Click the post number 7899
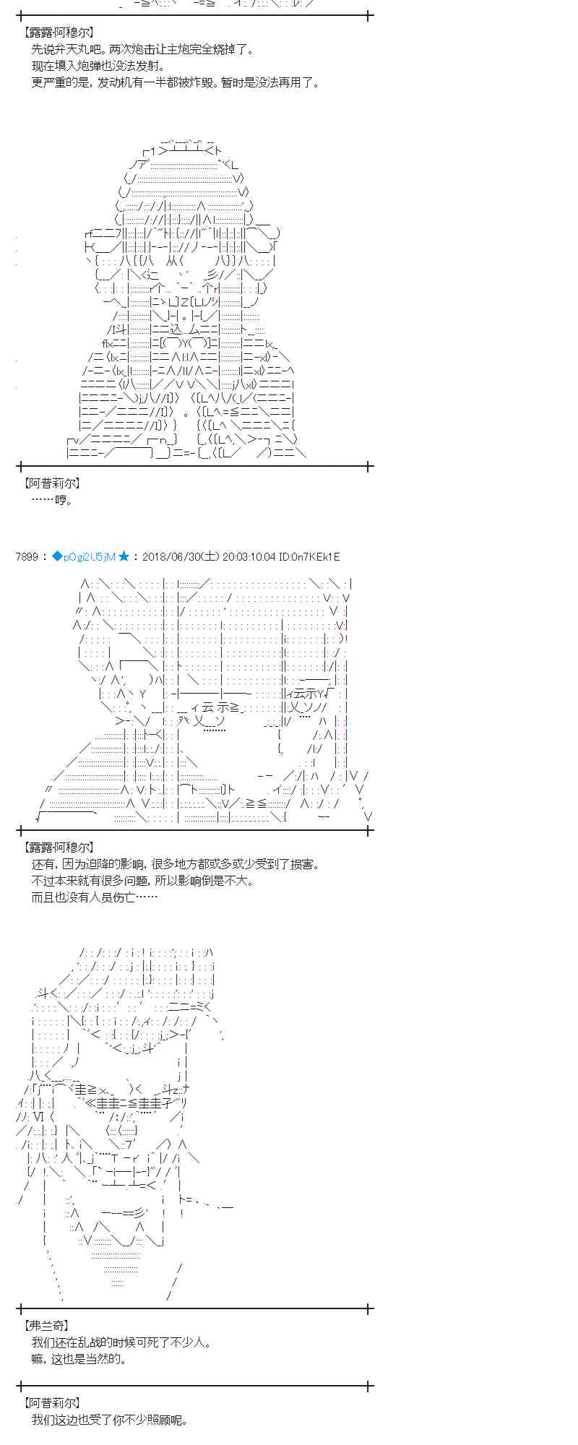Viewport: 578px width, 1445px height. [x=27, y=556]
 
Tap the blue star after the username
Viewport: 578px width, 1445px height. [x=124, y=556]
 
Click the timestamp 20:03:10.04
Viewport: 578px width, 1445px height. [x=249, y=556]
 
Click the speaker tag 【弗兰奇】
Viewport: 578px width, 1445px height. [x=47, y=1326]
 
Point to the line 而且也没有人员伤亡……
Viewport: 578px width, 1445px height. [x=94, y=897]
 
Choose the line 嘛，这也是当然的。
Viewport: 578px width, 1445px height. [x=79, y=1359]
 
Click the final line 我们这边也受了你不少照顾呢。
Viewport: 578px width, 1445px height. [x=110, y=1419]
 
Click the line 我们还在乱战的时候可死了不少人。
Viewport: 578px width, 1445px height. [x=121, y=1342]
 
